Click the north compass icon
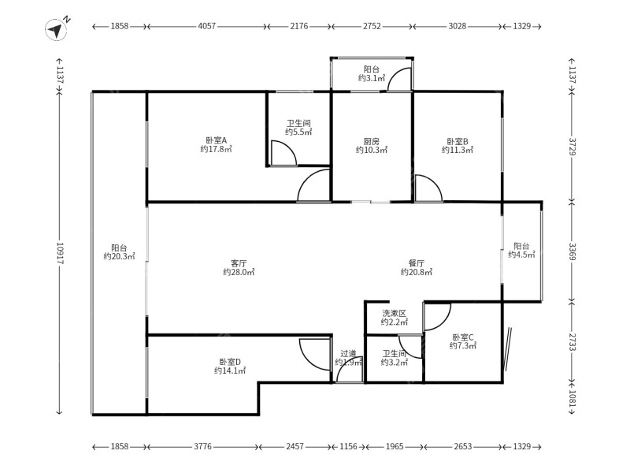[56, 30]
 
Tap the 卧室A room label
[217, 140]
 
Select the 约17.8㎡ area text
[217, 149]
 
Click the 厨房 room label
[371, 142]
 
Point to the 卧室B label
[458, 142]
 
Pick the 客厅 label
[239, 263]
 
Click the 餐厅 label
[417, 263]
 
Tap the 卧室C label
[463, 337]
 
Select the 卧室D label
[230, 362]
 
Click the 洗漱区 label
[395, 313]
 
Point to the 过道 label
[348, 353]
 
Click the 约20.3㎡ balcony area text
[120, 256]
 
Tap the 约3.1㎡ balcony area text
[372, 78]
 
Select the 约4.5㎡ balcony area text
[521, 255]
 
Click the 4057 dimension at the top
[207, 26]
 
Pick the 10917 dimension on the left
[60, 253]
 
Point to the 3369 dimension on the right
[573, 251]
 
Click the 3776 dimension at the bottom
[202, 446]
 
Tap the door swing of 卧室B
[429, 188]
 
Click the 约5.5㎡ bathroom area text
[298, 132]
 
